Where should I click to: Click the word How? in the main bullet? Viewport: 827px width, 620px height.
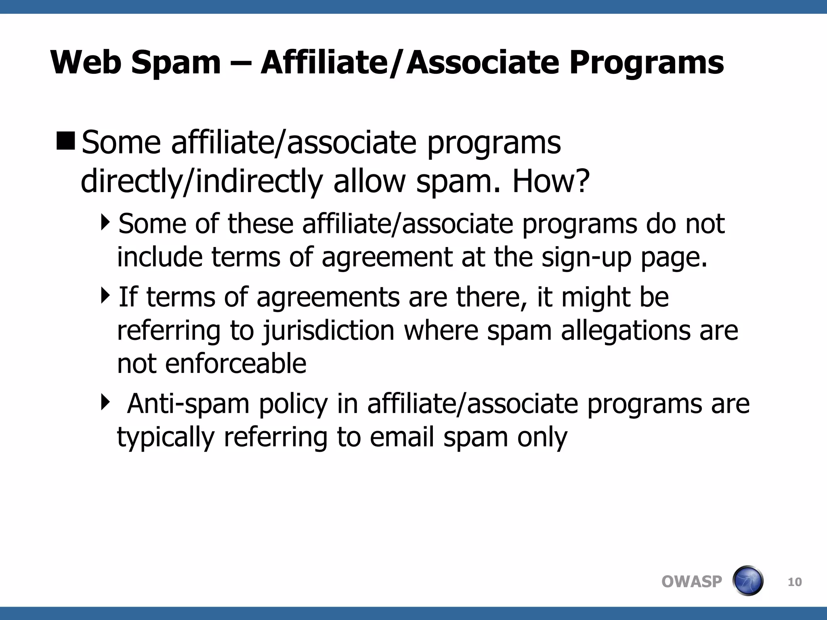click(551, 181)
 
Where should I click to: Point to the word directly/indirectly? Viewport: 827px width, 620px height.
click(202, 181)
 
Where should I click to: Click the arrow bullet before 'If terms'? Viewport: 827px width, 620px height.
click(105, 295)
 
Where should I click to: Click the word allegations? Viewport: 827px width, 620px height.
click(625, 330)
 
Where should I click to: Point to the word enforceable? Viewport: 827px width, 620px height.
click(236, 363)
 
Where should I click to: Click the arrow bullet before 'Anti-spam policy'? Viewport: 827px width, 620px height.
click(105, 402)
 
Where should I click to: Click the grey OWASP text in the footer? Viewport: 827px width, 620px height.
click(692, 582)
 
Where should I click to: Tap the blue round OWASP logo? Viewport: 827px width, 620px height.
click(748, 581)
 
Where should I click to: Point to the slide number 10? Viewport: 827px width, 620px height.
click(795, 582)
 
